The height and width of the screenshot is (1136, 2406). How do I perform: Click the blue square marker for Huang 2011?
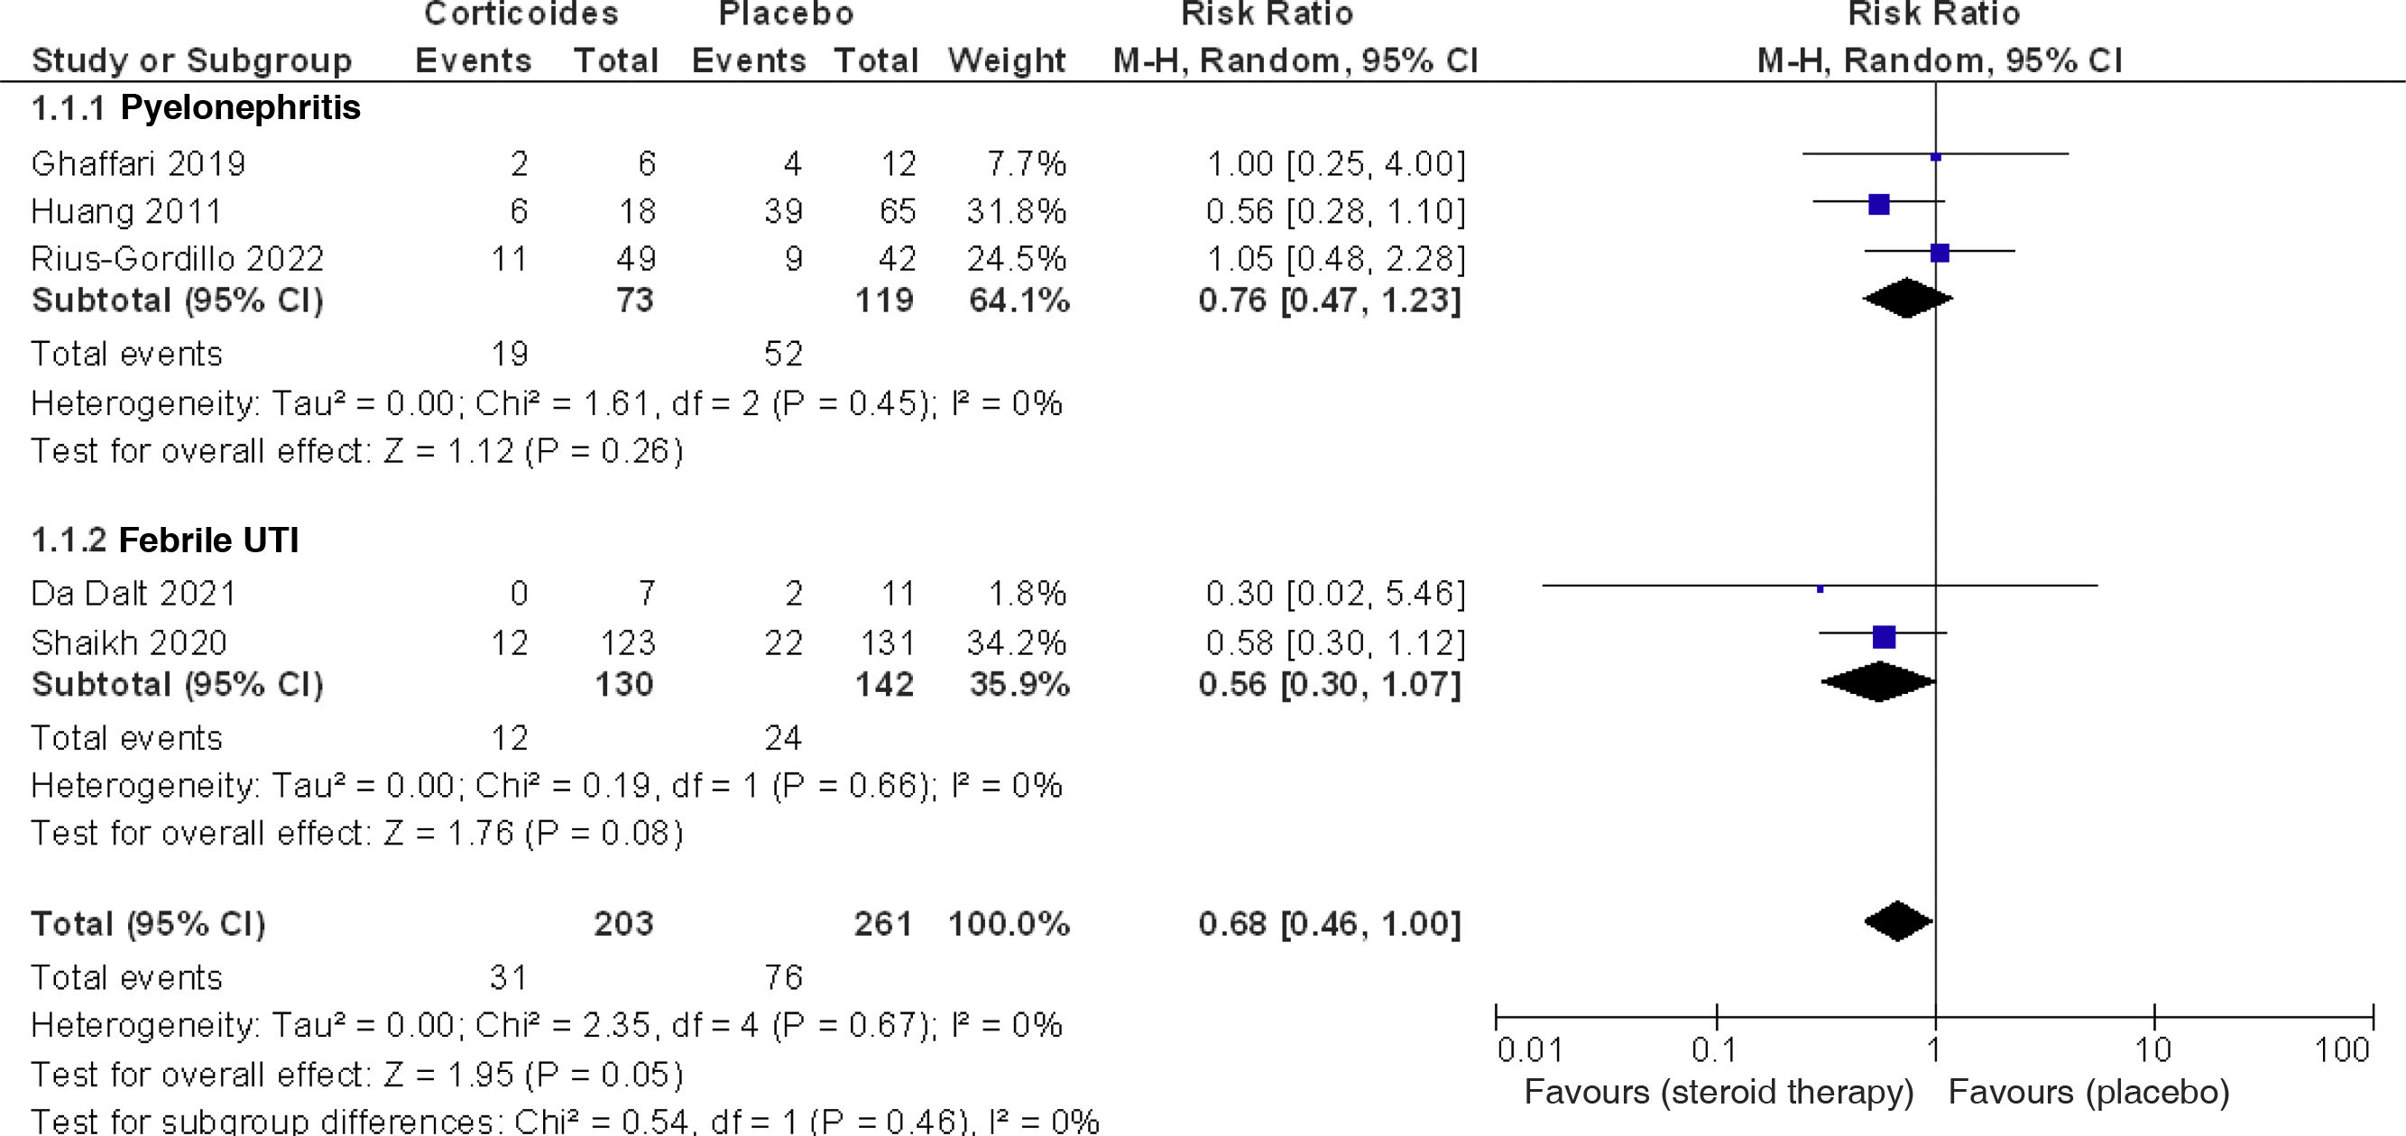pyautogui.click(x=1878, y=204)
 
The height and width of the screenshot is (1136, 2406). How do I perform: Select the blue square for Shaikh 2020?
pyautogui.click(x=1884, y=637)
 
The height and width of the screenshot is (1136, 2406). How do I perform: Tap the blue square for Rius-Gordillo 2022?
pyautogui.click(x=1939, y=254)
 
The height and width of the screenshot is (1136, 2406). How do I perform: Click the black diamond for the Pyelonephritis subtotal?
pyautogui.click(x=1906, y=299)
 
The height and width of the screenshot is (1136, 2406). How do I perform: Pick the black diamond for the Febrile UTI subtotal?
pyautogui.click(x=1878, y=682)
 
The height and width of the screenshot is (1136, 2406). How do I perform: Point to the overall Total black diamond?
pyautogui.click(x=1898, y=922)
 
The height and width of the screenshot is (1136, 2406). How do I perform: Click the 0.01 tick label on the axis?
pyautogui.click(x=1529, y=1050)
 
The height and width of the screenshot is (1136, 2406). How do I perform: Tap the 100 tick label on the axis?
pyautogui.click(x=2342, y=1050)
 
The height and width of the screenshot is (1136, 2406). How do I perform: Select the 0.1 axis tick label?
pyautogui.click(x=1714, y=1050)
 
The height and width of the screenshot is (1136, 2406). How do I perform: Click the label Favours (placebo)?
pyautogui.click(x=2088, y=1092)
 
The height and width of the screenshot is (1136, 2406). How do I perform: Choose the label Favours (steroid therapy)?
pyautogui.click(x=1719, y=1092)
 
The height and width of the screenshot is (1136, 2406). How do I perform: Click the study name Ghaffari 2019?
pyautogui.click(x=138, y=164)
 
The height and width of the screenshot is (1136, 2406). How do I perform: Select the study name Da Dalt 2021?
pyautogui.click(x=134, y=594)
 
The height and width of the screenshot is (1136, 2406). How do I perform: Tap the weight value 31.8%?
pyautogui.click(x=1015, y=212)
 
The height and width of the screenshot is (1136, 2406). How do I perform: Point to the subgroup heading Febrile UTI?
pyautogui.click(x=208, y=540)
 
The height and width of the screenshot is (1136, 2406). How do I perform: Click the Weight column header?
pyautogui.click(x=1006, y=60)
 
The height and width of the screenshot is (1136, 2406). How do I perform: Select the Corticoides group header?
pyautogui.click(x=521, y=14)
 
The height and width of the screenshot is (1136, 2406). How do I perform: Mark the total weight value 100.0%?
pyautogui.click(x=1008, y=924)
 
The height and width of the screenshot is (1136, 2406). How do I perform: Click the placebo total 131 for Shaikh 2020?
pyautogui.click(x=888, y=642)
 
